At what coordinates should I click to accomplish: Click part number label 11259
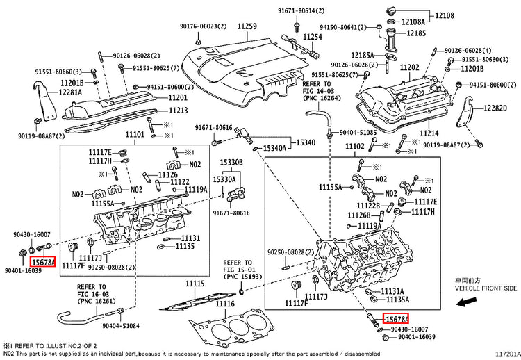pos(247,26)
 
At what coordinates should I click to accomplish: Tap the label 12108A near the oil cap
pos(413,22)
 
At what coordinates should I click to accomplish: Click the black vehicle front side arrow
pos(467,302)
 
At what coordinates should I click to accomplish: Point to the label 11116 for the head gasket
pos(225,304)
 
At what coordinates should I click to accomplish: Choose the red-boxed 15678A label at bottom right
pos(395,319)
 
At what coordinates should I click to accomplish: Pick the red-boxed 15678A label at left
pos(43,262)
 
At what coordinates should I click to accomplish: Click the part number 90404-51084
pos(121,326)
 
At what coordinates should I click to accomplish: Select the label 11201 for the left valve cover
pos(178,98)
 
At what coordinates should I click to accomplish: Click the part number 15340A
pos(274,148)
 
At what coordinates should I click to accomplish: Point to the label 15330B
pos(231,162)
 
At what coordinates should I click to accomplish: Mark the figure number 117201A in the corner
pos(508,354)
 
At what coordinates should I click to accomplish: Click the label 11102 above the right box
pos(354,146)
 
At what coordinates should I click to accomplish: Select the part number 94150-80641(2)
pos(343,27)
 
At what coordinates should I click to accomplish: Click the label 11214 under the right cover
pos(429,133)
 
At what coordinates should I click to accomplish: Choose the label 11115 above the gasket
pos(195,284)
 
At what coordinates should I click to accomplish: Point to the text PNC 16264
pos(322,99)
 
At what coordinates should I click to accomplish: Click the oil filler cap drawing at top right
pos(392,10)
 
